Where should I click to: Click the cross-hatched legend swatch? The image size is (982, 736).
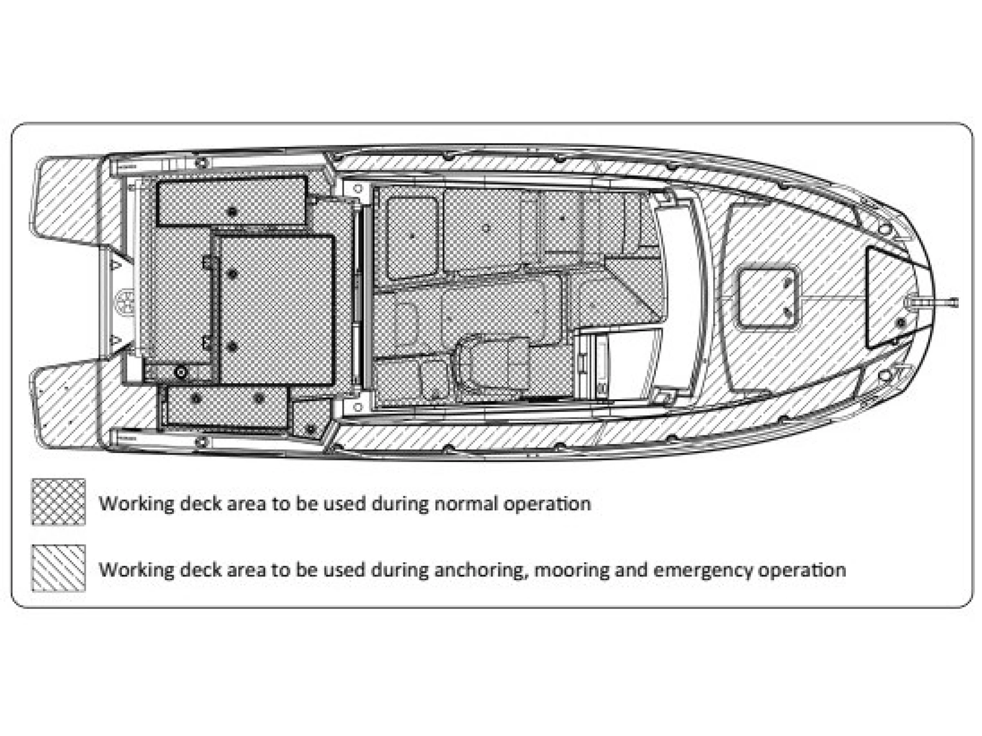(58, 501)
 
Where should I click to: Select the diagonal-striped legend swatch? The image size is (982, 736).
(58, 568)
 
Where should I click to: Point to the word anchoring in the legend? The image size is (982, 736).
(482, 570)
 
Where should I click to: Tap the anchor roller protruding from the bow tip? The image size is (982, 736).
(946, 303)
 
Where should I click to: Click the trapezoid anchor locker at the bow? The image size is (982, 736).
(883, 297)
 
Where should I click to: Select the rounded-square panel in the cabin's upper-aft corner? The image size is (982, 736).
(412, 237)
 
